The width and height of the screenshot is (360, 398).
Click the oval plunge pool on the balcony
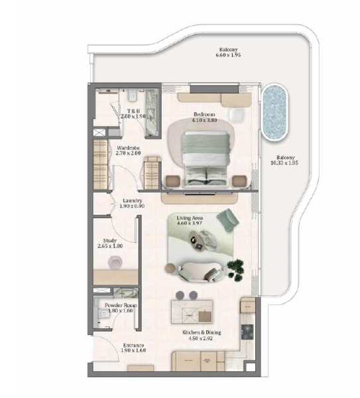tap(276, 111)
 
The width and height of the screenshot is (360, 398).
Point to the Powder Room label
tap(120, 306)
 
